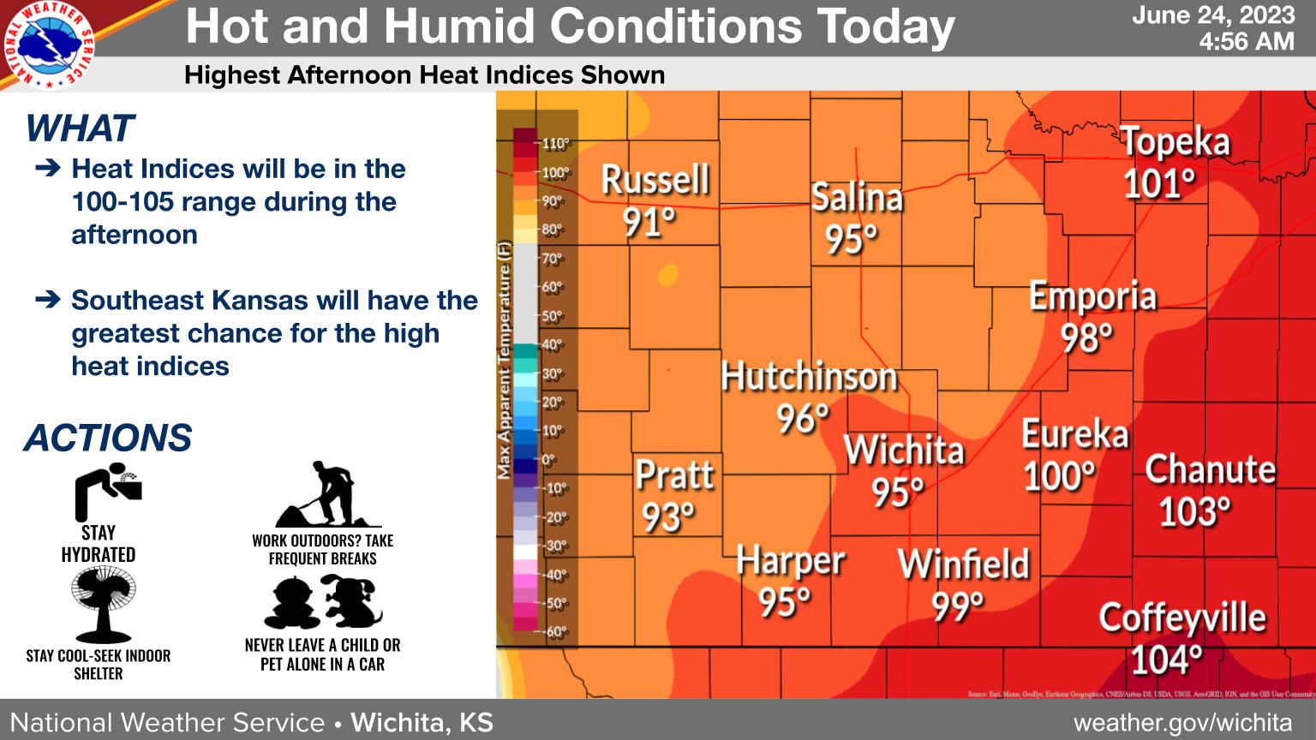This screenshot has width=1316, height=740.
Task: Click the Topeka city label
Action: (x=1175, y=142)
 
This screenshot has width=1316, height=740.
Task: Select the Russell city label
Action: (x=655, y=180)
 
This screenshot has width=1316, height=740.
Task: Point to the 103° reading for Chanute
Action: (x=1195, y=512)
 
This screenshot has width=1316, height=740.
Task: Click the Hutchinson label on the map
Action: (x=809, y=377)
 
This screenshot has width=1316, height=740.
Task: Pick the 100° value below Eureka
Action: (x=1060, y=476)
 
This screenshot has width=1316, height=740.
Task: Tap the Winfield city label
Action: (x=963, y=564)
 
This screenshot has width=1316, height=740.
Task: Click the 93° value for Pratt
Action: (x=668, y=517)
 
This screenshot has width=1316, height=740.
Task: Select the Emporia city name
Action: (x=1092, y=296)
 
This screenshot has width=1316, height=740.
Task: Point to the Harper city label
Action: (x=790, y=562)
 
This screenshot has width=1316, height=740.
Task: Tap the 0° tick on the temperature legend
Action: (x=548, y=460)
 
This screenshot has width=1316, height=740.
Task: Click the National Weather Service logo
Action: (x=49, y=45)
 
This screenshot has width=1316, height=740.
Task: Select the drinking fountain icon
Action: (x=107, y=492)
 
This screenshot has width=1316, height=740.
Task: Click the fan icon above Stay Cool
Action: (x=103, y=605)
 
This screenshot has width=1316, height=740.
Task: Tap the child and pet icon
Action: (x=323, y=601)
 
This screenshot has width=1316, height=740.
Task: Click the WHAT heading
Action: (x=80, y=128)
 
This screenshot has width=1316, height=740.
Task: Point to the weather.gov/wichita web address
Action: (x=1182, y=722)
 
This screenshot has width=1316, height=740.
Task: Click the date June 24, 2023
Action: (x=1212, y=15)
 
